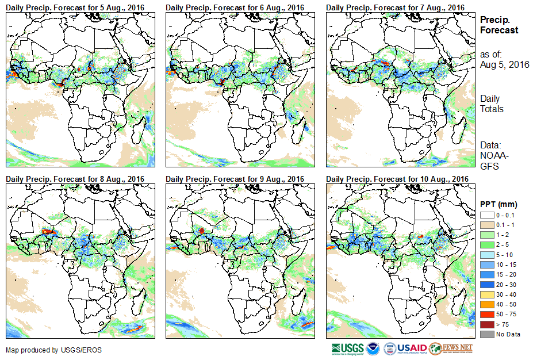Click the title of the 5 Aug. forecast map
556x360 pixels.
[75, 7]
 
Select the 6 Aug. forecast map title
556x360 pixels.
[235, 7]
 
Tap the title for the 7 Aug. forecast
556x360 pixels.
[395, 7]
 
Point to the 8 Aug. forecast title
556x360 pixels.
[75, 179]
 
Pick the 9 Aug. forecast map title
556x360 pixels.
[235, 179]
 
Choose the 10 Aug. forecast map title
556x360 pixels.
[397, 179]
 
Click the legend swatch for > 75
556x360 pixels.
[486, 325]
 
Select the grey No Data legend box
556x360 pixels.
[486, 334]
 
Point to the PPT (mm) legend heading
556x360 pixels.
[499, 205]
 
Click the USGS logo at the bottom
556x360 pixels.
[347, 348]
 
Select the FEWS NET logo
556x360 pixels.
[451, 348]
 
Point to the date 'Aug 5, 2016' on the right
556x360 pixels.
[505, 64]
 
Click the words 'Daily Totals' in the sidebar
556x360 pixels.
[492, 104]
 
